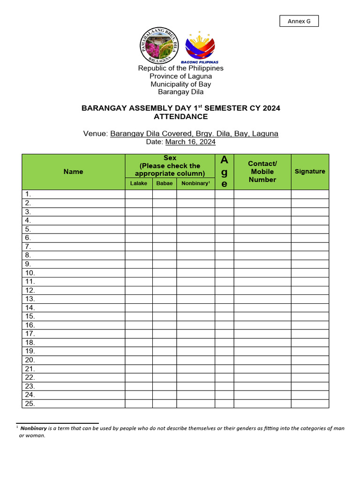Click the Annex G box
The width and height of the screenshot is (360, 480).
click(299, 21)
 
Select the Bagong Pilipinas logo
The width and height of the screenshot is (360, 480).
click(200, 48)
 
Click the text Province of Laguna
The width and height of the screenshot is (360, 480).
click(180, 76)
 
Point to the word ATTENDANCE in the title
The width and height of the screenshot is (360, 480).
click(180, 116)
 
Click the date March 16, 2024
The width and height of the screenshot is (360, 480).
click(190, 142)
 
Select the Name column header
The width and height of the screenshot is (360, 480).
click(73, 172)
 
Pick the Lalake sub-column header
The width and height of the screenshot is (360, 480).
click(138, 183)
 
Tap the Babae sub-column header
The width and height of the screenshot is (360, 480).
click(164, 183)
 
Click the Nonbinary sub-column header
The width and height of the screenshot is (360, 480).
click(195, 183)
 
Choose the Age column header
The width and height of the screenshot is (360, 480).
click(224, 172)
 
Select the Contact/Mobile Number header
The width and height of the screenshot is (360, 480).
click(262, 172)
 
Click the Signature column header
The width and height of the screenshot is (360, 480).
click(309, 172)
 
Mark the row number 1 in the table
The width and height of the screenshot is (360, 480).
click(28, 194)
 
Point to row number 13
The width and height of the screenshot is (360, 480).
click(30, 299)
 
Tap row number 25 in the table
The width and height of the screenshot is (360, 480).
click(30, 404)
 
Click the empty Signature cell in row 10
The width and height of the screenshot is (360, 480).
click(309, 273)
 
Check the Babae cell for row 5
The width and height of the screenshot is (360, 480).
click(164, 229)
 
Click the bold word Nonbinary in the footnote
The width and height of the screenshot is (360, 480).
click(33, 428)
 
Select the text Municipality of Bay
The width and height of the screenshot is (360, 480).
click(180, 84)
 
